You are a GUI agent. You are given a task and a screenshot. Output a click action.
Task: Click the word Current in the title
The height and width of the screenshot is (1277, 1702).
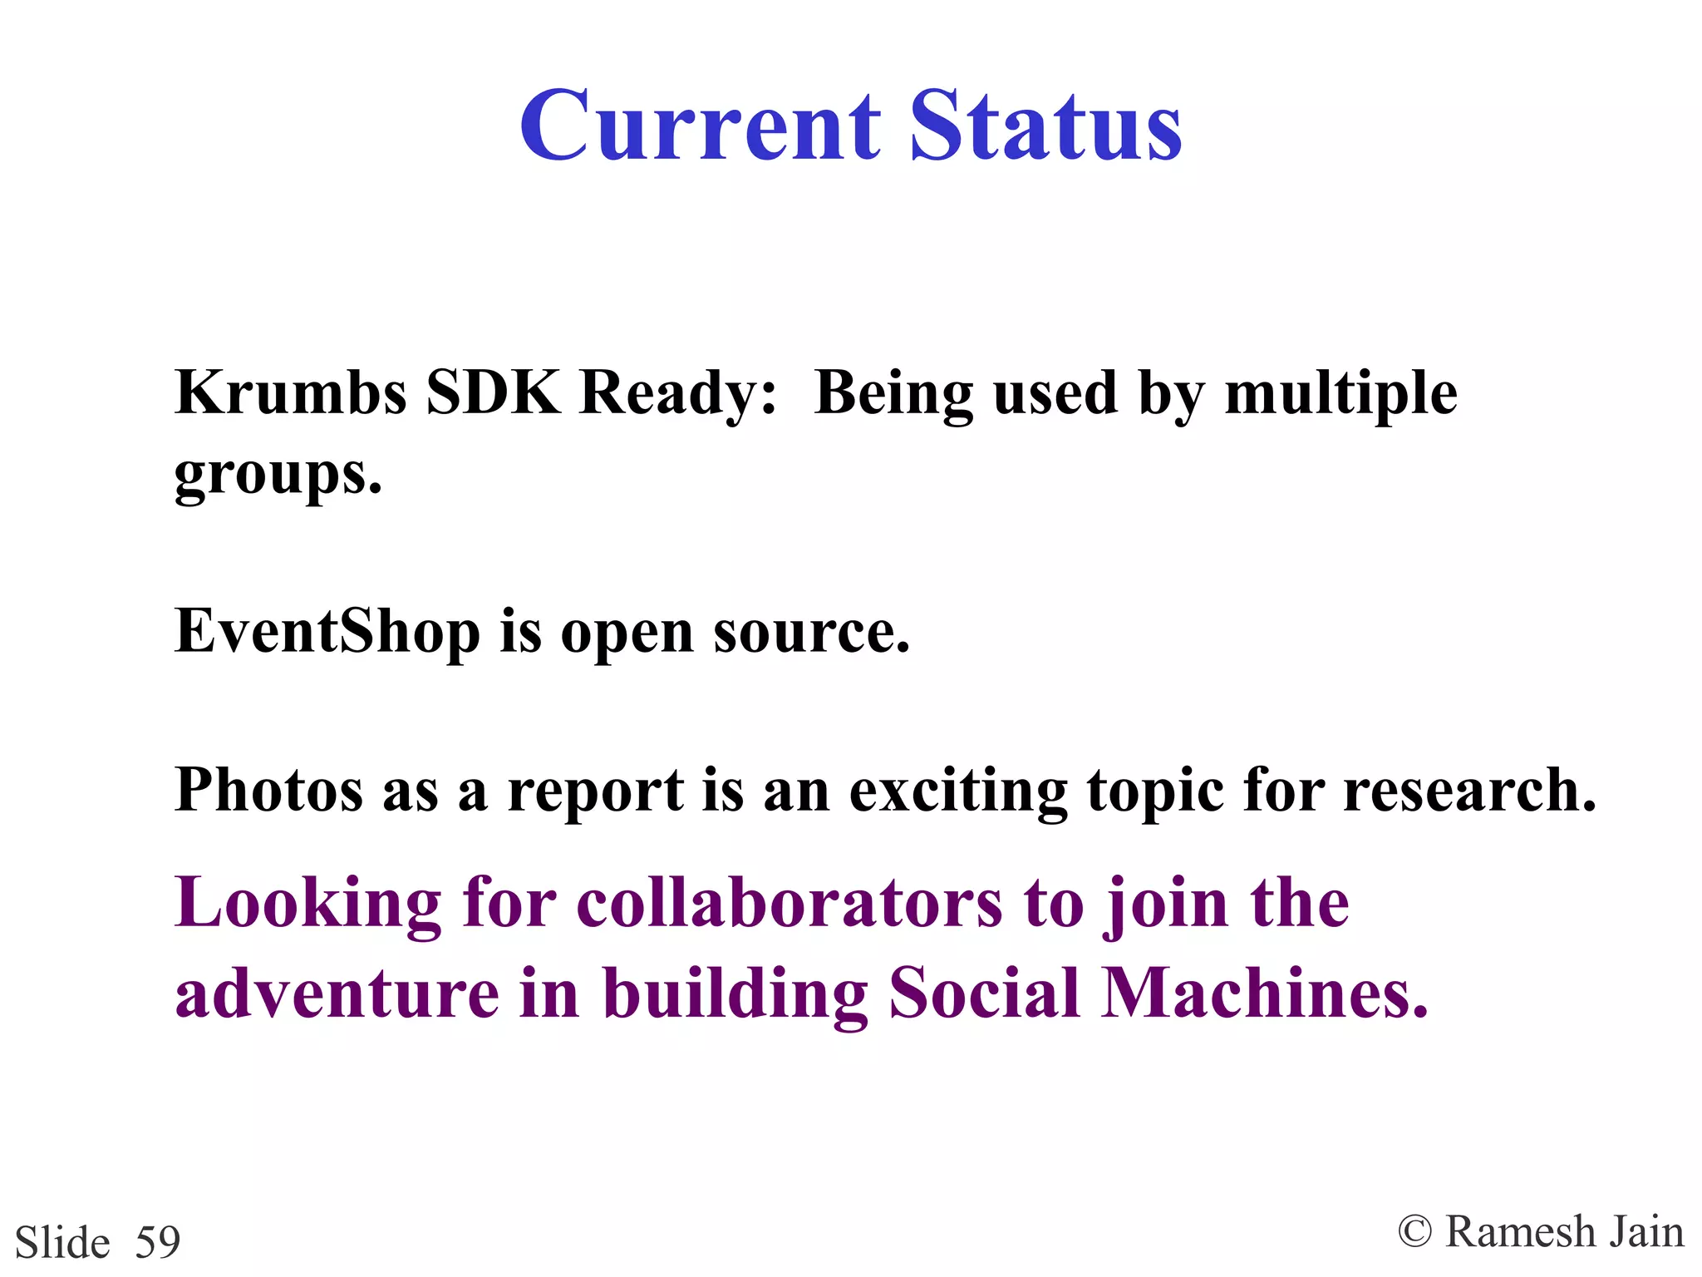coord(700,126)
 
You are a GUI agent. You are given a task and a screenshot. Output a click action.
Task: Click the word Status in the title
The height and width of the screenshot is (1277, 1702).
coord(1045,126)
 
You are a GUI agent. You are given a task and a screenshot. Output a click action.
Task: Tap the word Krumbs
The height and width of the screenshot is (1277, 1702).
coord(291,392)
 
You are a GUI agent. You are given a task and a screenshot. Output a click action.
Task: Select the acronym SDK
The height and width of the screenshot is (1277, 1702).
coord(493,392)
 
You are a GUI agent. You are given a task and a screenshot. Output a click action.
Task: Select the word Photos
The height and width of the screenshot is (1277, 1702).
coord(268,790)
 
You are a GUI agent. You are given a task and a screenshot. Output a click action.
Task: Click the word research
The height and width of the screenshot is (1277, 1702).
coord(1468,790)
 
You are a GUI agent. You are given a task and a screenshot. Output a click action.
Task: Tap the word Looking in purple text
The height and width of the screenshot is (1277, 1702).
coord(307,905)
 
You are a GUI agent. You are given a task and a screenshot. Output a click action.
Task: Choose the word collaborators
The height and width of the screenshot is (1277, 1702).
coord(790,903)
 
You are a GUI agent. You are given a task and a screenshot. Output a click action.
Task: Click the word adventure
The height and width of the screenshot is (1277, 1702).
coord(337,993)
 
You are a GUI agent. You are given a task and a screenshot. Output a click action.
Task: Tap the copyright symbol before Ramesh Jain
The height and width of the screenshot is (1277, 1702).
coord(1414,1232)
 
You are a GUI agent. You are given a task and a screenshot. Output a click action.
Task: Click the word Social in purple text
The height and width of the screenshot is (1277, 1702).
coord(984,993)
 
